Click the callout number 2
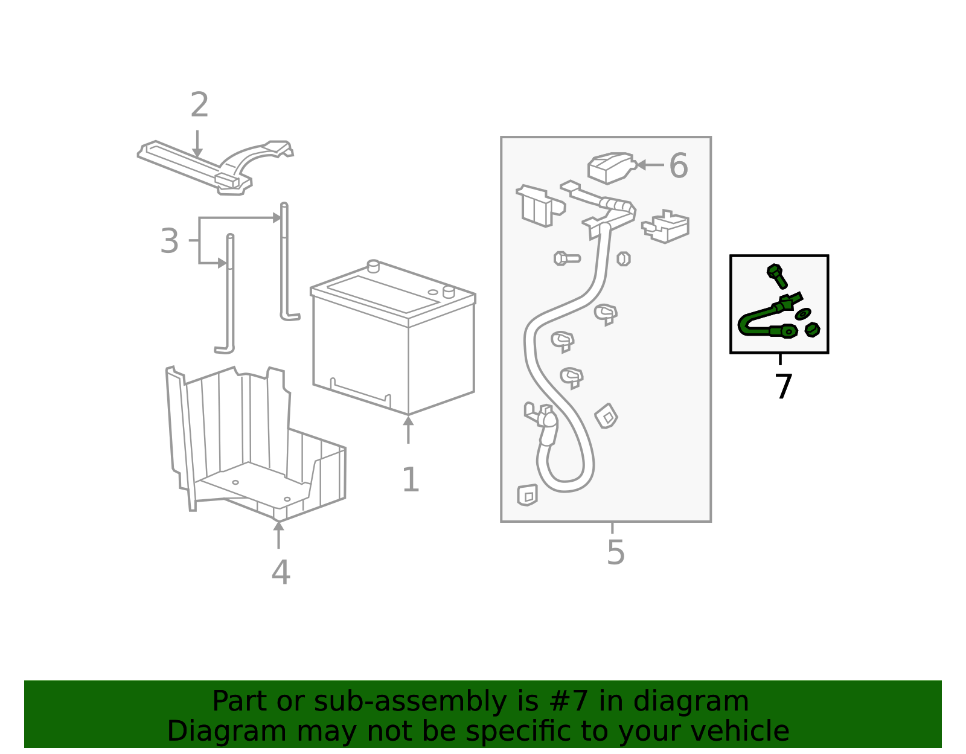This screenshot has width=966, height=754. point(199,105)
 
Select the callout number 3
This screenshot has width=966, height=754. point(170,241)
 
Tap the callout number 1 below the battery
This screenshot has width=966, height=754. point(411,480)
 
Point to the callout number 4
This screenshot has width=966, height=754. point(281,572)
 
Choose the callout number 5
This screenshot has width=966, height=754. point(616,553)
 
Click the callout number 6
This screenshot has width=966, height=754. point(679,166)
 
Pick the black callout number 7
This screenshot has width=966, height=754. point(783,386)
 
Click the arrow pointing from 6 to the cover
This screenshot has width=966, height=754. point(650,165)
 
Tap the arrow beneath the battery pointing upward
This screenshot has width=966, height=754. point(408,430)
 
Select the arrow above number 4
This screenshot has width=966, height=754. point(278,535)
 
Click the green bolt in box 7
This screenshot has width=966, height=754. point(777,276)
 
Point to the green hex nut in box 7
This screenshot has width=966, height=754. point(812,330)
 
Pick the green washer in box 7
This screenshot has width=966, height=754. point(803,314)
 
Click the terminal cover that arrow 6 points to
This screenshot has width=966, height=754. point(610,167)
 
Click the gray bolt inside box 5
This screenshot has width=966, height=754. point(567,258)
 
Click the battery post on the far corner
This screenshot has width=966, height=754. point(373,266)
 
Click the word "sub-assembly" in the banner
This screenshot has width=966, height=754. point(411,701)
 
